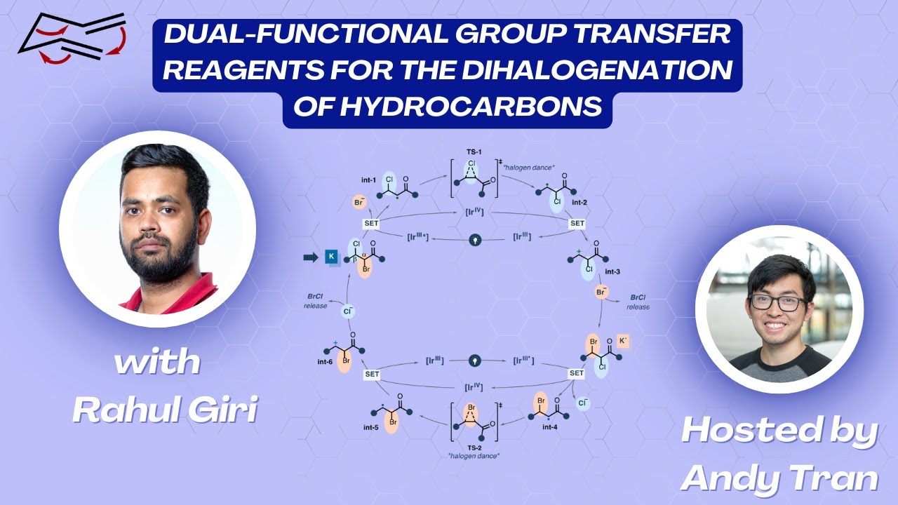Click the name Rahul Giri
[164, 409]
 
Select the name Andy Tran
[779, 478]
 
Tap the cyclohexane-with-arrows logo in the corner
[72, 39]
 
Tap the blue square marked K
[331, 257]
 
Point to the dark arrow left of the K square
[310, 257]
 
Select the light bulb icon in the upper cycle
[476, 239]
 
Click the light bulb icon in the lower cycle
[476, 361]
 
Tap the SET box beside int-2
[577, 223]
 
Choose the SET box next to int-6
[372, 374]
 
